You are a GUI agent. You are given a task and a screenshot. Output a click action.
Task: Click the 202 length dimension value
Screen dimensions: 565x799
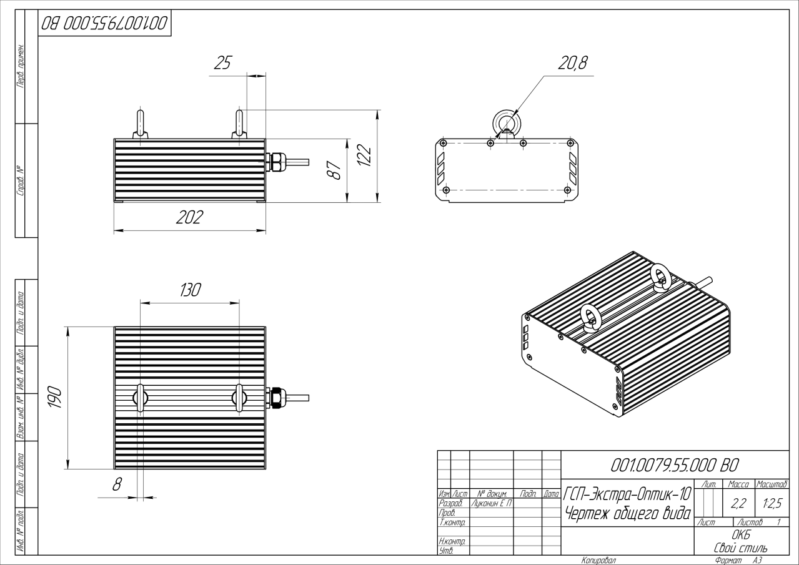coord(189,218)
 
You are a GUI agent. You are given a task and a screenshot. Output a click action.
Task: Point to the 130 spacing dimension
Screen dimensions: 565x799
coord(190,290)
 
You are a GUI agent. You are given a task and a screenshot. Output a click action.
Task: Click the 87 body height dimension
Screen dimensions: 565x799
coord(334,169)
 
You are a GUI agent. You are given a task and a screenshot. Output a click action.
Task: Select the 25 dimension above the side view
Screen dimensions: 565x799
coord(223,62)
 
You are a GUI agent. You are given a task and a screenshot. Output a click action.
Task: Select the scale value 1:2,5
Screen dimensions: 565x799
coord(772,504)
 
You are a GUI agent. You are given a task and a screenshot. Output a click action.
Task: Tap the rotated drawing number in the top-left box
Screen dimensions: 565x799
coord(104,24)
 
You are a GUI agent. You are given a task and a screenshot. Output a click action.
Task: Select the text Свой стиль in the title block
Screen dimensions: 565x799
coord(741,548)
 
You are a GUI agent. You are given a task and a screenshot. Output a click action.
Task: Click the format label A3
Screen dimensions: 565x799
coord(758,561)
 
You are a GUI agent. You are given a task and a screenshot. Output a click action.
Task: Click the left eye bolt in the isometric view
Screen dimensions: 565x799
coord(590,317)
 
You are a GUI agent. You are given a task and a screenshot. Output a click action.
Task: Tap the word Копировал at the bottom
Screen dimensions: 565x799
coord(598,561)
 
